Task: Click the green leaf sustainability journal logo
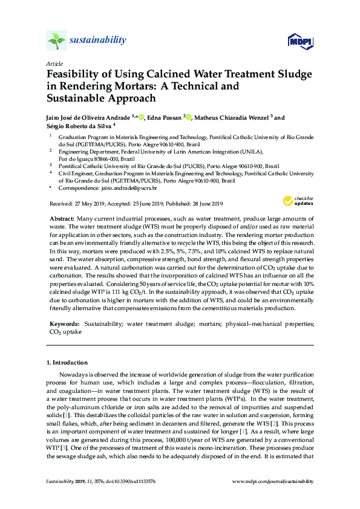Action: pyautogui.click(x=56, y=41)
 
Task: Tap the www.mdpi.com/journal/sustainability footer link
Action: pyautogui.click(x=273, y=482)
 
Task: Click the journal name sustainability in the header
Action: pyautogui.click(x=98, y=41)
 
